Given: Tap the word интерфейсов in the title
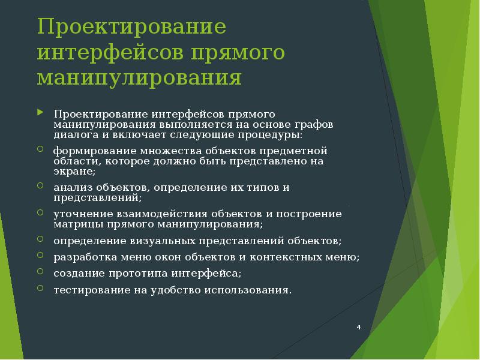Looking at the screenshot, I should [110, 53].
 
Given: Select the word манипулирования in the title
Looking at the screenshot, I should [139, 79].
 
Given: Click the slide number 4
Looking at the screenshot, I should [358, 327].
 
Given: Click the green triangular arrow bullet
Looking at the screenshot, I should [40, 112].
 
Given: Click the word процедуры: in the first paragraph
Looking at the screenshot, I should [271, 134].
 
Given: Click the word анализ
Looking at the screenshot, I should [69, 187].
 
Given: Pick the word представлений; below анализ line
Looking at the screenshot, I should [97, 197].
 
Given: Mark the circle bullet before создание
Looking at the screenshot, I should [40, 271].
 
